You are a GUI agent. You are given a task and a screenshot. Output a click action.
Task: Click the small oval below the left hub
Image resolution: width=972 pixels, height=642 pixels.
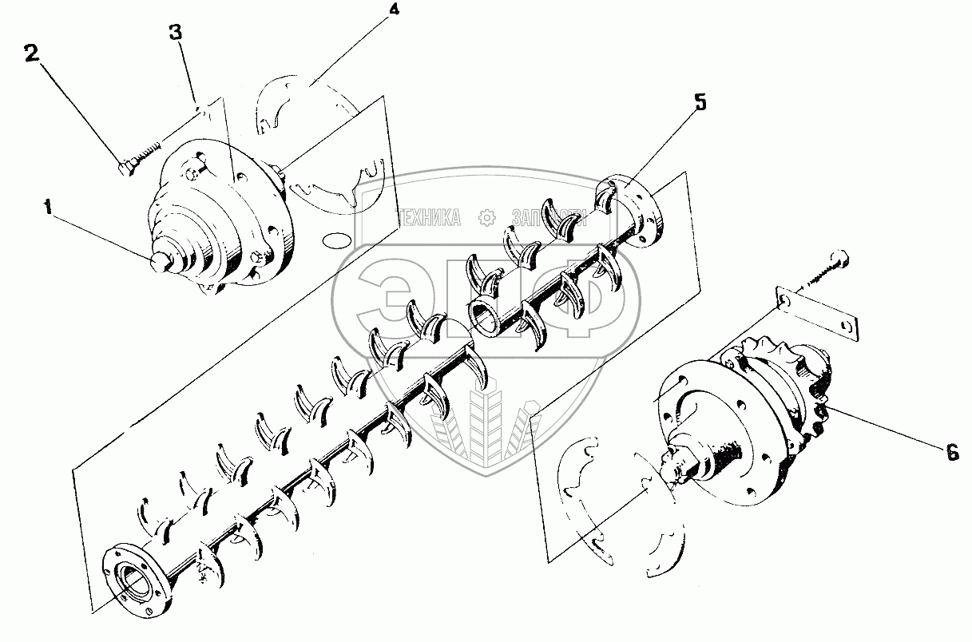(x=333, y=239)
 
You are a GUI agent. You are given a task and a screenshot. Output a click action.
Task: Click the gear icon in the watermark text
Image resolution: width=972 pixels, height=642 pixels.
(x=485, y=216)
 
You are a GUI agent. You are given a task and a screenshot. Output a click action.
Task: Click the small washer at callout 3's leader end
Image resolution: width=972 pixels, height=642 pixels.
(x=200, y=111)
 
